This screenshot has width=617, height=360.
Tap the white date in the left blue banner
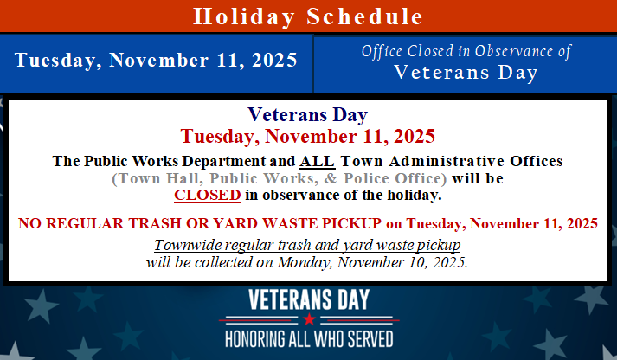(x=156, y=61)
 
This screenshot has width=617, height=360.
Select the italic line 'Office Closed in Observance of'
(x=466, y=52)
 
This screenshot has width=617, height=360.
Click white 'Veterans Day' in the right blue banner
(x=466, y=73)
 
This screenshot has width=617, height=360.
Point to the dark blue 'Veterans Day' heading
(x=308, y=115)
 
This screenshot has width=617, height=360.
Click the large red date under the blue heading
(x=308, y=137)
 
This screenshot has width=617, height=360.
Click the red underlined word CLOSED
(x=207, y=196)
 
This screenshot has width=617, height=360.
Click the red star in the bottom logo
(x=309, y=319)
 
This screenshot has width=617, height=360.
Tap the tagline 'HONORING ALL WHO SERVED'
(x=309, y=337)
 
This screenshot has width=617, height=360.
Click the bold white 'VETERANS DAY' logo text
(x=309, y=300)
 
